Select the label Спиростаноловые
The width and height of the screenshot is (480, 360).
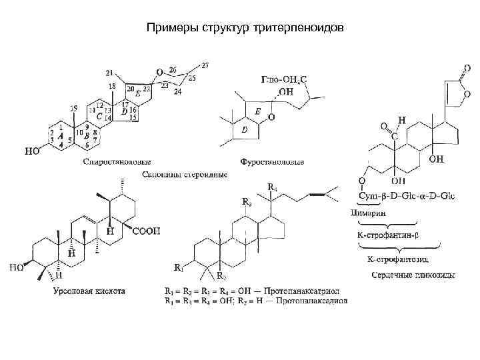click(117, 161)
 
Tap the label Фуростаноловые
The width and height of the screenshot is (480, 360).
click(272, 161)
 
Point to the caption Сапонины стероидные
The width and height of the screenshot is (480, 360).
click(185, 174)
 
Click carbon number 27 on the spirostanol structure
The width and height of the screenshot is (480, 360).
click(205, 65)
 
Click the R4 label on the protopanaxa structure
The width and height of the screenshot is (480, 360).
click(273, 186)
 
